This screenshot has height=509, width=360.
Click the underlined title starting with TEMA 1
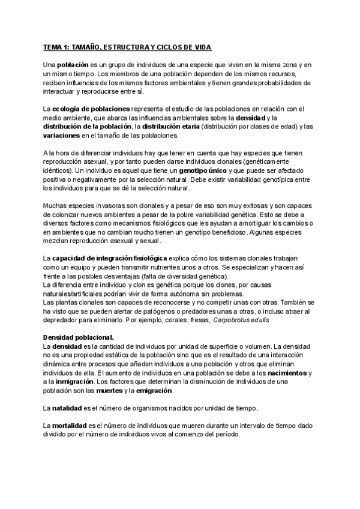click(x=127, y=47)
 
